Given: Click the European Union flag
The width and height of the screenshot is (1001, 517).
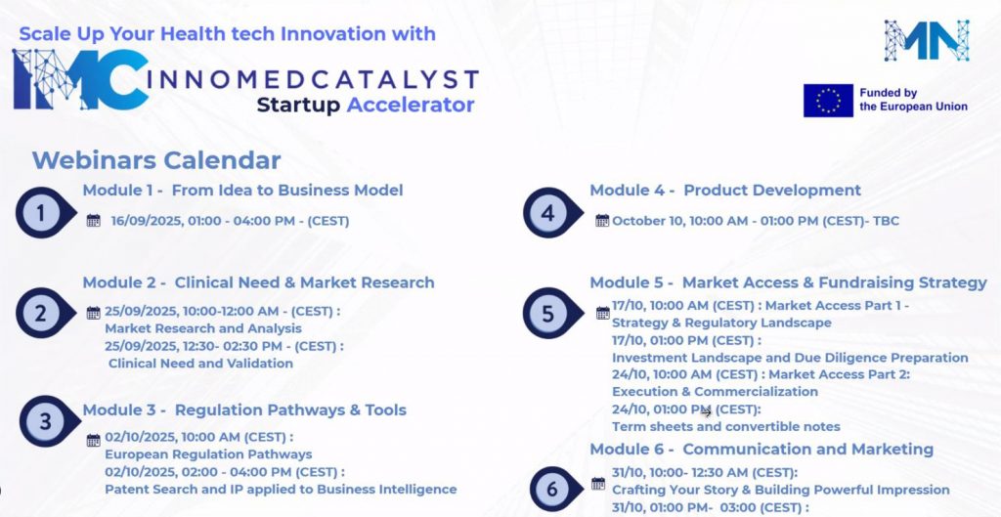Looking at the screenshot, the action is pyautogui.click(x=828, y=101).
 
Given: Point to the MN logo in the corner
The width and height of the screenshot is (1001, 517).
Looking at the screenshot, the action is pyautogui.click(x=927, y=40).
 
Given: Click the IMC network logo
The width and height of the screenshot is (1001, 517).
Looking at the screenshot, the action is pyautogui.click(x=81, y=79).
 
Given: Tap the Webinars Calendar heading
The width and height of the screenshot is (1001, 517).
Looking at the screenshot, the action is pyautogui.click(x=156, y=160).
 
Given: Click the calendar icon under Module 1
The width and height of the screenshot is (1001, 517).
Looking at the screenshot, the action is pyautogui.click(x=93, y=221).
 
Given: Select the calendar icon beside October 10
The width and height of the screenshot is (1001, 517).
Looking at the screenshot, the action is pyautogui.click(x=602, y=221).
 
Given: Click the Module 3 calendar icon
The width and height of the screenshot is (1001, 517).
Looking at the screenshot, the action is pyautogui.click(x=93, y=440).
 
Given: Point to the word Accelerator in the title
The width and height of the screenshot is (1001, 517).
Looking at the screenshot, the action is pyautogui.click(x=411, y=105).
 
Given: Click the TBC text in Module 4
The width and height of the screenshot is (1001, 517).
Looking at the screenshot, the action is pyautogui.click(x=887, y=221).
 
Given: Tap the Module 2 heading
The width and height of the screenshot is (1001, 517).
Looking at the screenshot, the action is pyautogui.click(x=258, y=282).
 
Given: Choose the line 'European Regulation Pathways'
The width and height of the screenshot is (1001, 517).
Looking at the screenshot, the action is pyautogui.click(x=209, y=454).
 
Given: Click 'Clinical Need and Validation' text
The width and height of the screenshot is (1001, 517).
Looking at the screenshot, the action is pyautogui.click(x=200, y=364).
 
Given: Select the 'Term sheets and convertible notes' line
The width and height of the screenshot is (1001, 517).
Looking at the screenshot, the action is pyautogui.click(x=726, y=426).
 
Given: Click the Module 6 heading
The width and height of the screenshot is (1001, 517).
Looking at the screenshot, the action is pyautogui.click(x=762, y=450).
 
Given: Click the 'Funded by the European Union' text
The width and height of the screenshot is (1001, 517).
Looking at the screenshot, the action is pyautogui.click(x=914, y=101).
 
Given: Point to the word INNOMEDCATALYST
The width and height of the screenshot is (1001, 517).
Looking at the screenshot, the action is pyautogui.click(x=313, y=80).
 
